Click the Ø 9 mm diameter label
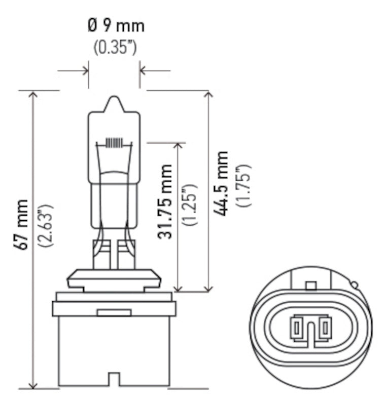tap(115, 25)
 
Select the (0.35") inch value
tap(115, 47)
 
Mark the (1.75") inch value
tap(245, 185)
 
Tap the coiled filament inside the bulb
tap(114, 143)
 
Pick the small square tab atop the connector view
tap(310, 286)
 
